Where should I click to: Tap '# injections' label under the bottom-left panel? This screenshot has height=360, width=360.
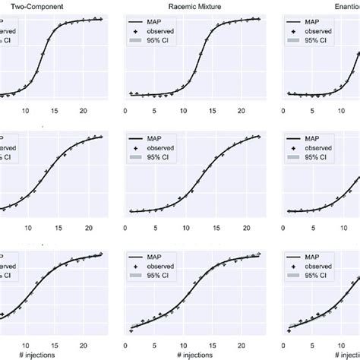40,353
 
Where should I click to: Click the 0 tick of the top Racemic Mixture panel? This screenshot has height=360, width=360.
131,111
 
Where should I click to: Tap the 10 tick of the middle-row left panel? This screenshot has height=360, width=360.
28,227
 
